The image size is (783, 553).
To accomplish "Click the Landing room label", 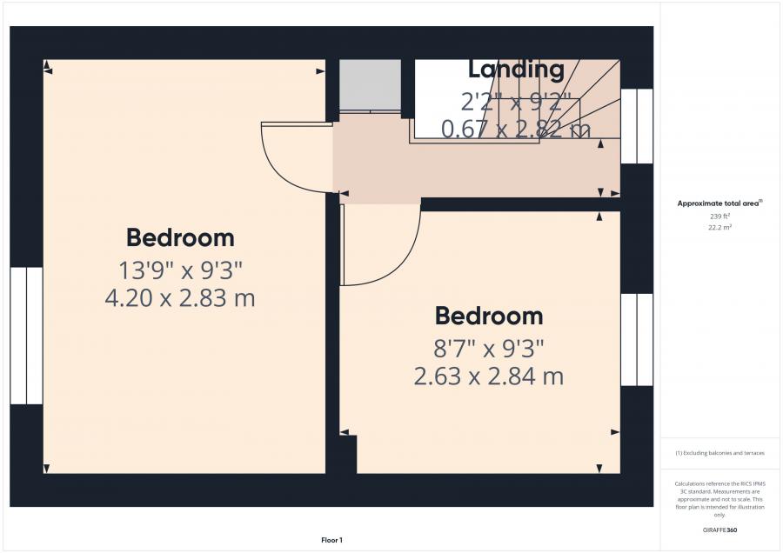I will coord(517,69).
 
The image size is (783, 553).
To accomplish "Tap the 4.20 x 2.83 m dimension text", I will coord(180,298).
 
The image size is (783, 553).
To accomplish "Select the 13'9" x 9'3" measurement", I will coord(180,269).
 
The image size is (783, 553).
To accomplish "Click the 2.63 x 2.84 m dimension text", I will coord(489,376).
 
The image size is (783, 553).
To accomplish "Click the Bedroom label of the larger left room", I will coord(180,237).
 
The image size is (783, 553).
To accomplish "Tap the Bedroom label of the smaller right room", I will coord(489,315).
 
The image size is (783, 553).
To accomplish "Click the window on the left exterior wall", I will coord(26,336).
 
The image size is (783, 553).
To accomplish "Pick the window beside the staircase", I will coord(636,126).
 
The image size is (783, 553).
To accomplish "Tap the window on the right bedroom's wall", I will coord(636,339).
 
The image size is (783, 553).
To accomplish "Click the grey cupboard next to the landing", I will coord(370,85).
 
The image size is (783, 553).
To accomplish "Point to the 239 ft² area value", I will coord(720,216).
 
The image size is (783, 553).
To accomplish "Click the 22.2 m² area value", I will coord(720,226).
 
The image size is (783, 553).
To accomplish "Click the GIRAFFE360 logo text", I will coord(720,530).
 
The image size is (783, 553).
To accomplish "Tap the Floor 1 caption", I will coord(331,540).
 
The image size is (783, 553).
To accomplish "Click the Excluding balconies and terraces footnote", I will coord(720,454).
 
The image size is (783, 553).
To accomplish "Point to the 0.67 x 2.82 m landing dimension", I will coord(517,130).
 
